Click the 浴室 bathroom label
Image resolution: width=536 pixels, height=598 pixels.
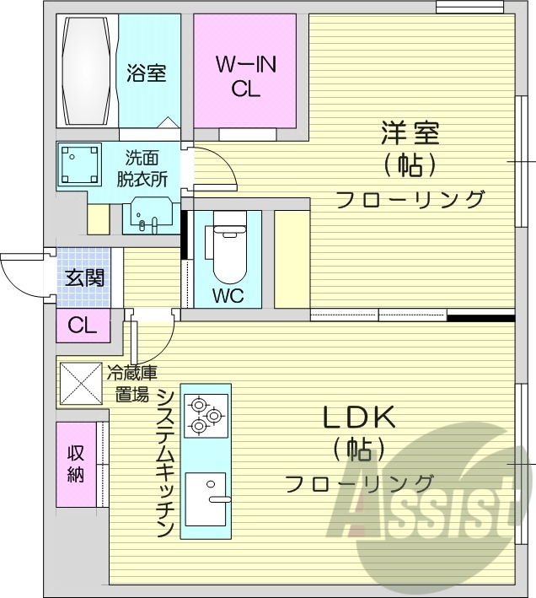146,73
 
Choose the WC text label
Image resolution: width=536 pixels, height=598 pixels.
228,296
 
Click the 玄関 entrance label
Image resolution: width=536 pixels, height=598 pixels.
85,277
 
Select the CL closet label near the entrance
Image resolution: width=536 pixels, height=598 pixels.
83,324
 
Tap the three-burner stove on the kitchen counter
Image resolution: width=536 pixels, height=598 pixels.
204,414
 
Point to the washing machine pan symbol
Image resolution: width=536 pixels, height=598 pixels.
80,165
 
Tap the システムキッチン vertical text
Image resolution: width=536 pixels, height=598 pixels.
165,464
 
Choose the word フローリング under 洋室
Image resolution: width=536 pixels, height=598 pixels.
410,200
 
